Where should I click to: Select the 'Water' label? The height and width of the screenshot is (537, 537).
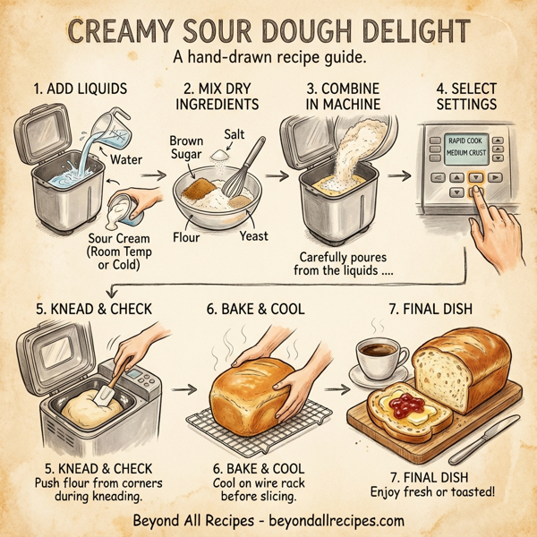tap(125, 161)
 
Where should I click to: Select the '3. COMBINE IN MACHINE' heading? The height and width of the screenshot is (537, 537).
tap(343, 98)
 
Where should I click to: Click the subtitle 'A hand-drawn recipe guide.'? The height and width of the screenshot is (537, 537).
tap(267, 58)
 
